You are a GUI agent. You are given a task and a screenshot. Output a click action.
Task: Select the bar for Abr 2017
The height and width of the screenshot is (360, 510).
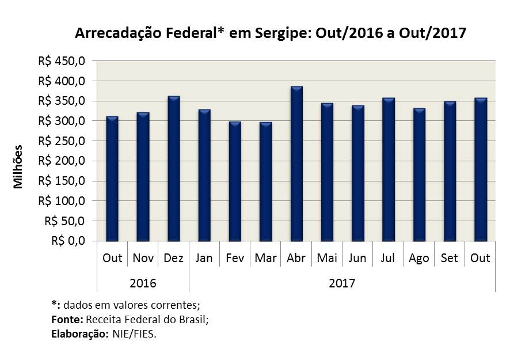pyautogui.click(x=296, y=164)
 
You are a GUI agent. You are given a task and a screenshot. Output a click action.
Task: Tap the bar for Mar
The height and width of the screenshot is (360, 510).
pyautogui.click(x=266, y=181)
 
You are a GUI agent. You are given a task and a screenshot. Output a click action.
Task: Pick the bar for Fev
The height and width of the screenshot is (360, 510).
pyautogui.click(x=235, y=181)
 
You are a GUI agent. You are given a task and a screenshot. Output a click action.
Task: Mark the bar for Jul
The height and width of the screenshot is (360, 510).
pyautogui.click(x=389, y=169)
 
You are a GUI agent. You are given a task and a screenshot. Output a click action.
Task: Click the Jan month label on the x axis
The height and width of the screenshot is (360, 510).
pyautogui.click(x=204, y=257)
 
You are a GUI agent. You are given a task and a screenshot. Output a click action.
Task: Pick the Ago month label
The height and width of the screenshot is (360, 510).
pyautogui.click(x=419, y=258)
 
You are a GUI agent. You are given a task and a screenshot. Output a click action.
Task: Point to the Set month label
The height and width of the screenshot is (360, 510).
pyautogui.click(x=450, y=257)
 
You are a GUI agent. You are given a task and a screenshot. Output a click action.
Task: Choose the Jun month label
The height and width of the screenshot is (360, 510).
pyautogui.click(x=357, y=257)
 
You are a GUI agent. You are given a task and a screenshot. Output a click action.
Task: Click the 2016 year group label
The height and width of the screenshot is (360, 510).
pyautogui.click(x=143, y=283)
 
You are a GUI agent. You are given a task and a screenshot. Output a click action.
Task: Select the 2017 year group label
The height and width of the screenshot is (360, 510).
pyautogui.click(x=342, y=283)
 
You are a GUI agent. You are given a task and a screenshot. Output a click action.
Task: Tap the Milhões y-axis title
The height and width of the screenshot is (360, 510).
pyautogui.click(x=18, y=166)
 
